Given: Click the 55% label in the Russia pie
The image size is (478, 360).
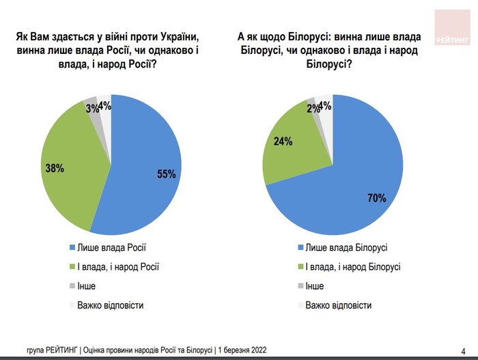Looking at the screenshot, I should (167, 174).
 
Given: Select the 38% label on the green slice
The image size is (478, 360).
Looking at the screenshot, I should (54, 168).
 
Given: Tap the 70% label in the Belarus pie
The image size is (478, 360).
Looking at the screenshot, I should (376, 199).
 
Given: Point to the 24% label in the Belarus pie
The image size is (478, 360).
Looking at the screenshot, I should (283, 142).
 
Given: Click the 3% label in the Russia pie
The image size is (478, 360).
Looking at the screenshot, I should (92, 108).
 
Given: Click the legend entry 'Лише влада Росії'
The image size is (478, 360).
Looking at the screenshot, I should (113, 247).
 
